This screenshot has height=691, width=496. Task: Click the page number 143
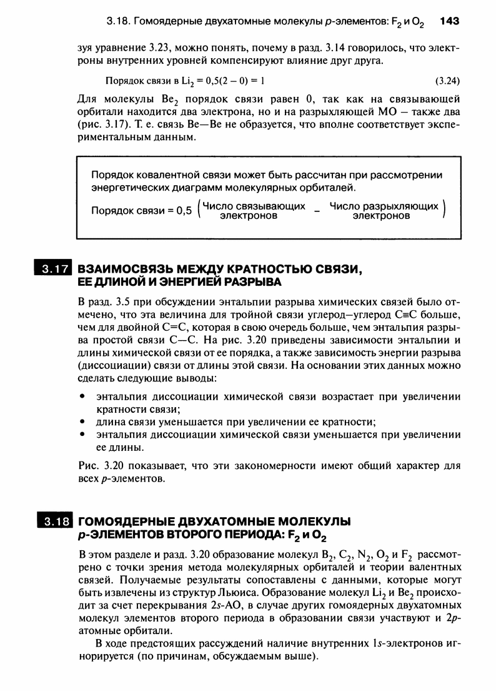point(450,21)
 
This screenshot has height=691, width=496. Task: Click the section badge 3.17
point(54,270)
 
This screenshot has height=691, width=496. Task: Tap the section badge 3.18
point(54,522)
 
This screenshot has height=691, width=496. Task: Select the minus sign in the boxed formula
point(317,211)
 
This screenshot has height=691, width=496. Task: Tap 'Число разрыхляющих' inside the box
point(384,206)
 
